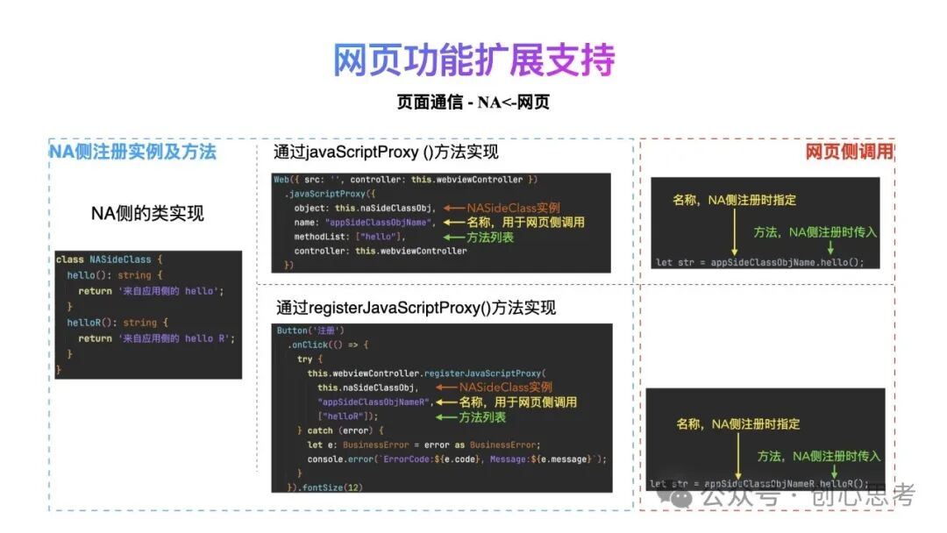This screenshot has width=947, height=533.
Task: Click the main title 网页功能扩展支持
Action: (x=473, y=60)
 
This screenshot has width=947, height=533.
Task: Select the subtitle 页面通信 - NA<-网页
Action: (x=473, y=103)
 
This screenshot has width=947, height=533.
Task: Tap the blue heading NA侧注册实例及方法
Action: (x=132, y=152)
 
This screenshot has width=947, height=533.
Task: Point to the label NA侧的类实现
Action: (x=147, y=213)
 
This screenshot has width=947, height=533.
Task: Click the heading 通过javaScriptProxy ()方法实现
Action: (x=386, y=153)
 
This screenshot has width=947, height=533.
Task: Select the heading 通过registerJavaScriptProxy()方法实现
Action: (x=416, y=308)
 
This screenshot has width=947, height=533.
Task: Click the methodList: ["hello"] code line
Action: (x=351, y=237)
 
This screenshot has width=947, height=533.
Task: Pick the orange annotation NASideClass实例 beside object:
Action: (x=513, y=208)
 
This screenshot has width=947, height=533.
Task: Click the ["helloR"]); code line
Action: (x=348, y=416)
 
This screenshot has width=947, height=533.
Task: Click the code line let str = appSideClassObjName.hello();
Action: (x=759, y=261)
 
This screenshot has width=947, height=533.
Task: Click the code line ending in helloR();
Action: (x=759, y=483)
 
